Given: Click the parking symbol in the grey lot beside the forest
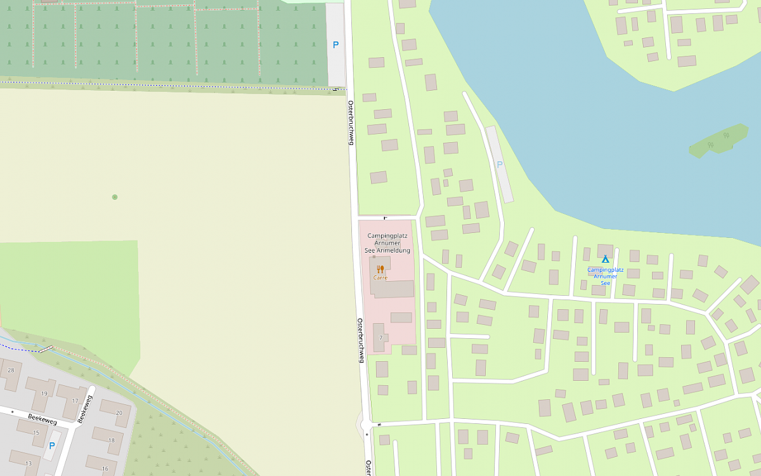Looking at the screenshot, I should (335, 45).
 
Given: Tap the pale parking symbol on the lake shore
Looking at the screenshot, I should (500, 164).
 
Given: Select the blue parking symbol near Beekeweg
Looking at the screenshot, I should (52, 446).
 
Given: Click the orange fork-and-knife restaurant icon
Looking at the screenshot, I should (380, 269).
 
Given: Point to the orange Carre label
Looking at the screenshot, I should (380, 278).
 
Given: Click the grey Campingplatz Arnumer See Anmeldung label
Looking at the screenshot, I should (387, 243).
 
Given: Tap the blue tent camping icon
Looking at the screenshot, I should (605, 259).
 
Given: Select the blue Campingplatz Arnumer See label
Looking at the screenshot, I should (606, 276).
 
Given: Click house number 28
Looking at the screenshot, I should (10, 370).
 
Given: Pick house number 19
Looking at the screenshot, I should (44, 393).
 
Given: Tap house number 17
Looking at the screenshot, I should (75, 400).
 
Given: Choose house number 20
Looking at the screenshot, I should (119, 413).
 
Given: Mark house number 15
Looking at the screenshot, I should (36, 433).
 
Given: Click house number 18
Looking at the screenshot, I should (112, 440).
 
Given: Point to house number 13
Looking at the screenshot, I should (28, 463).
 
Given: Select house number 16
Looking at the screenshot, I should (105, 468).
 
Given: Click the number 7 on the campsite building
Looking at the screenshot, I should (380, 338).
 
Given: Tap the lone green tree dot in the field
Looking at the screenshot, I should (115, 197).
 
